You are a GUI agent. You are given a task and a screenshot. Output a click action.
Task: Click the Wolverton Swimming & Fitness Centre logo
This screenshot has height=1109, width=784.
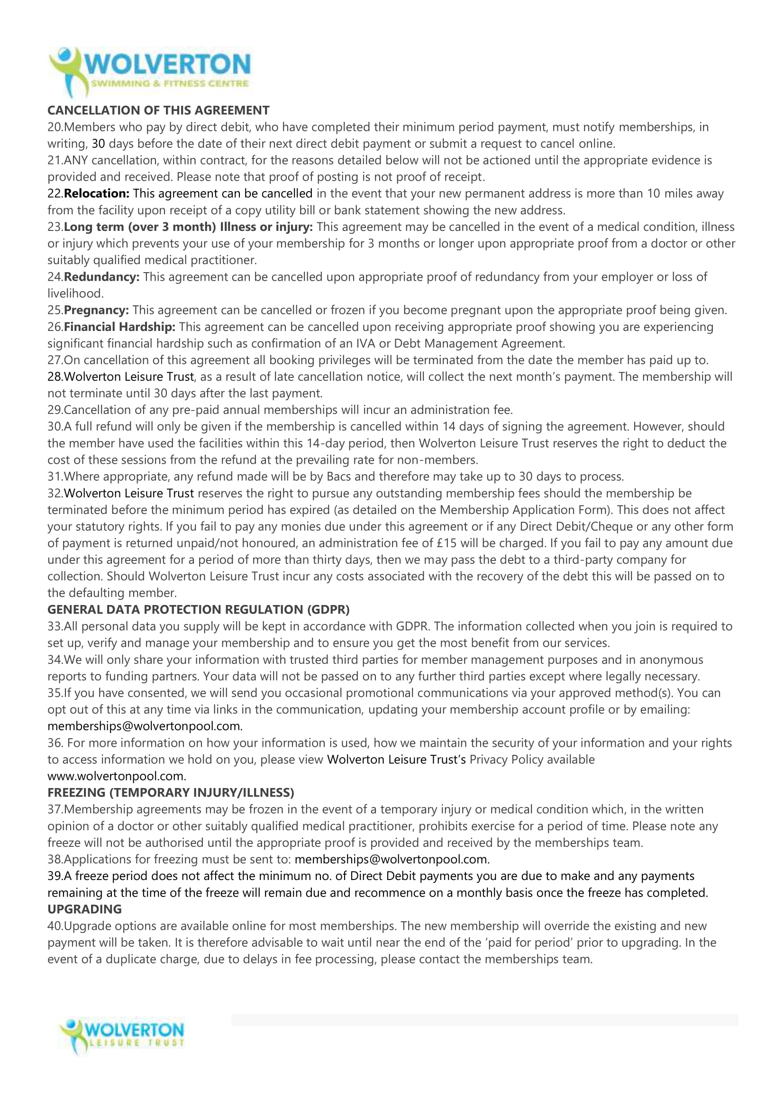pyautogui.click(x=150, y=72)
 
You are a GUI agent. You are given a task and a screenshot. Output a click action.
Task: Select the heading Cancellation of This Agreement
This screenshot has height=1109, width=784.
pyautogui.click(x=158, y=110)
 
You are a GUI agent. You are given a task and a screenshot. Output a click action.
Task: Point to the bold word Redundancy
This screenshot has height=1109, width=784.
pyautogui.click(x=101, y=277)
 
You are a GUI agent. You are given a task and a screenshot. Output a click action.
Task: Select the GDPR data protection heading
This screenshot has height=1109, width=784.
pyautogui.click(x=199, y=610)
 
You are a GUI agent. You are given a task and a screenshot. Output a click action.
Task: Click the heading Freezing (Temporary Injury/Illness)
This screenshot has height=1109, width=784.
pyautogui.click(x=171, y=793)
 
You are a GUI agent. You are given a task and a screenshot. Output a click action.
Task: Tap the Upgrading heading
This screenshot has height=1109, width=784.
pyautogui.click(x=84, y=909)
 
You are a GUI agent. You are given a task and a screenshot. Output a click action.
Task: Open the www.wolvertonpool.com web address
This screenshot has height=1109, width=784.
pyautogui.click(x=116, y=776)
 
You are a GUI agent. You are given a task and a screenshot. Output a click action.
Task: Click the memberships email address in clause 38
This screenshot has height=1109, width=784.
pyautogui.click(x=392, y=859)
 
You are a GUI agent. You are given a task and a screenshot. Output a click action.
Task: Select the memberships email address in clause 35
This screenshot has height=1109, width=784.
pyautogui.click(x=145, y=726)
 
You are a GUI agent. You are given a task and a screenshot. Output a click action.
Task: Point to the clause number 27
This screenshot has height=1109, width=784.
pyautogui.click(x=55, y=360)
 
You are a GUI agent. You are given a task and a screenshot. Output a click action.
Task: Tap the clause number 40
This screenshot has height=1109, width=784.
pyautogui.click(x=55, y=926)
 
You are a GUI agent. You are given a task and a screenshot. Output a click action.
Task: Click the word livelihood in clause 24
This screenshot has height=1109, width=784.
pyautogui.click(x=75, y=293)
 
